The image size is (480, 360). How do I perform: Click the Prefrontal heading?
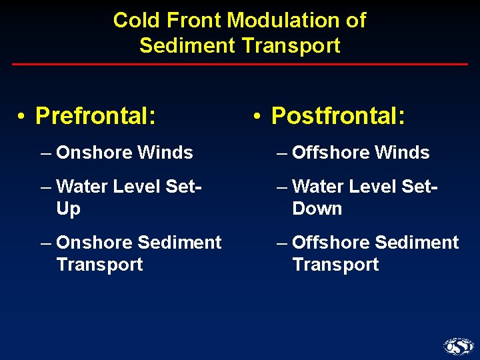pos(96,116)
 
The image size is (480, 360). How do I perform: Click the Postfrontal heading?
pos(338,116)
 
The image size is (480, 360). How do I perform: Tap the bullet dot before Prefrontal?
pos(22,117)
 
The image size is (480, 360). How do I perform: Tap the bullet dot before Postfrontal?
pos(257,117)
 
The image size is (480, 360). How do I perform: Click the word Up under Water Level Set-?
pos(68,209)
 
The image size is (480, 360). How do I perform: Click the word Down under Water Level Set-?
pos(317,209)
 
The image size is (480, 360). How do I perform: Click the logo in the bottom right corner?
pos(458,346)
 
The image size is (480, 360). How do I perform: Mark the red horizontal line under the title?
pos(240,64)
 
